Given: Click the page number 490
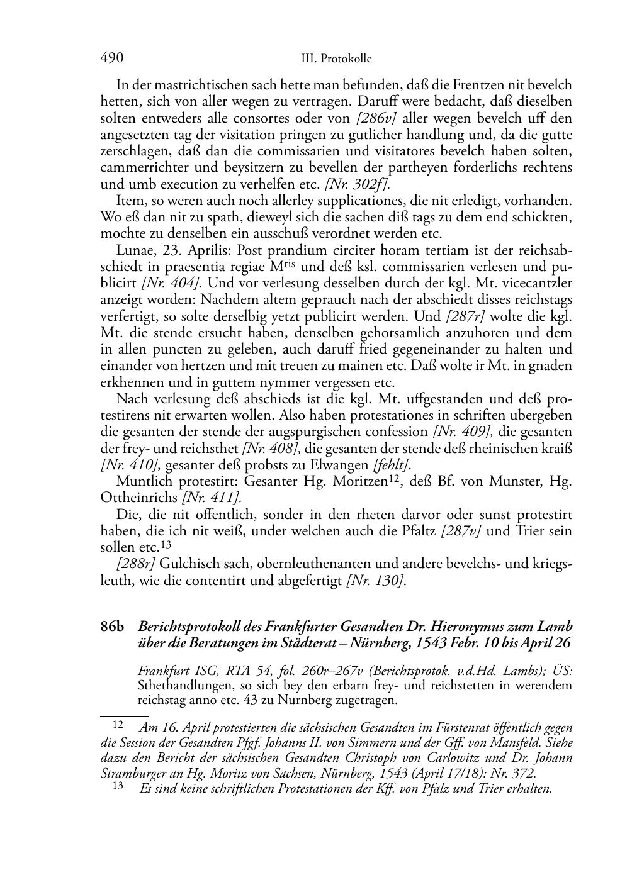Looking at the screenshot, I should click(111, 59).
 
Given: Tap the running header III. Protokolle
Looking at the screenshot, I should click(336, 59).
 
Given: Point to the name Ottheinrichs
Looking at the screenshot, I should click(139, 498).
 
